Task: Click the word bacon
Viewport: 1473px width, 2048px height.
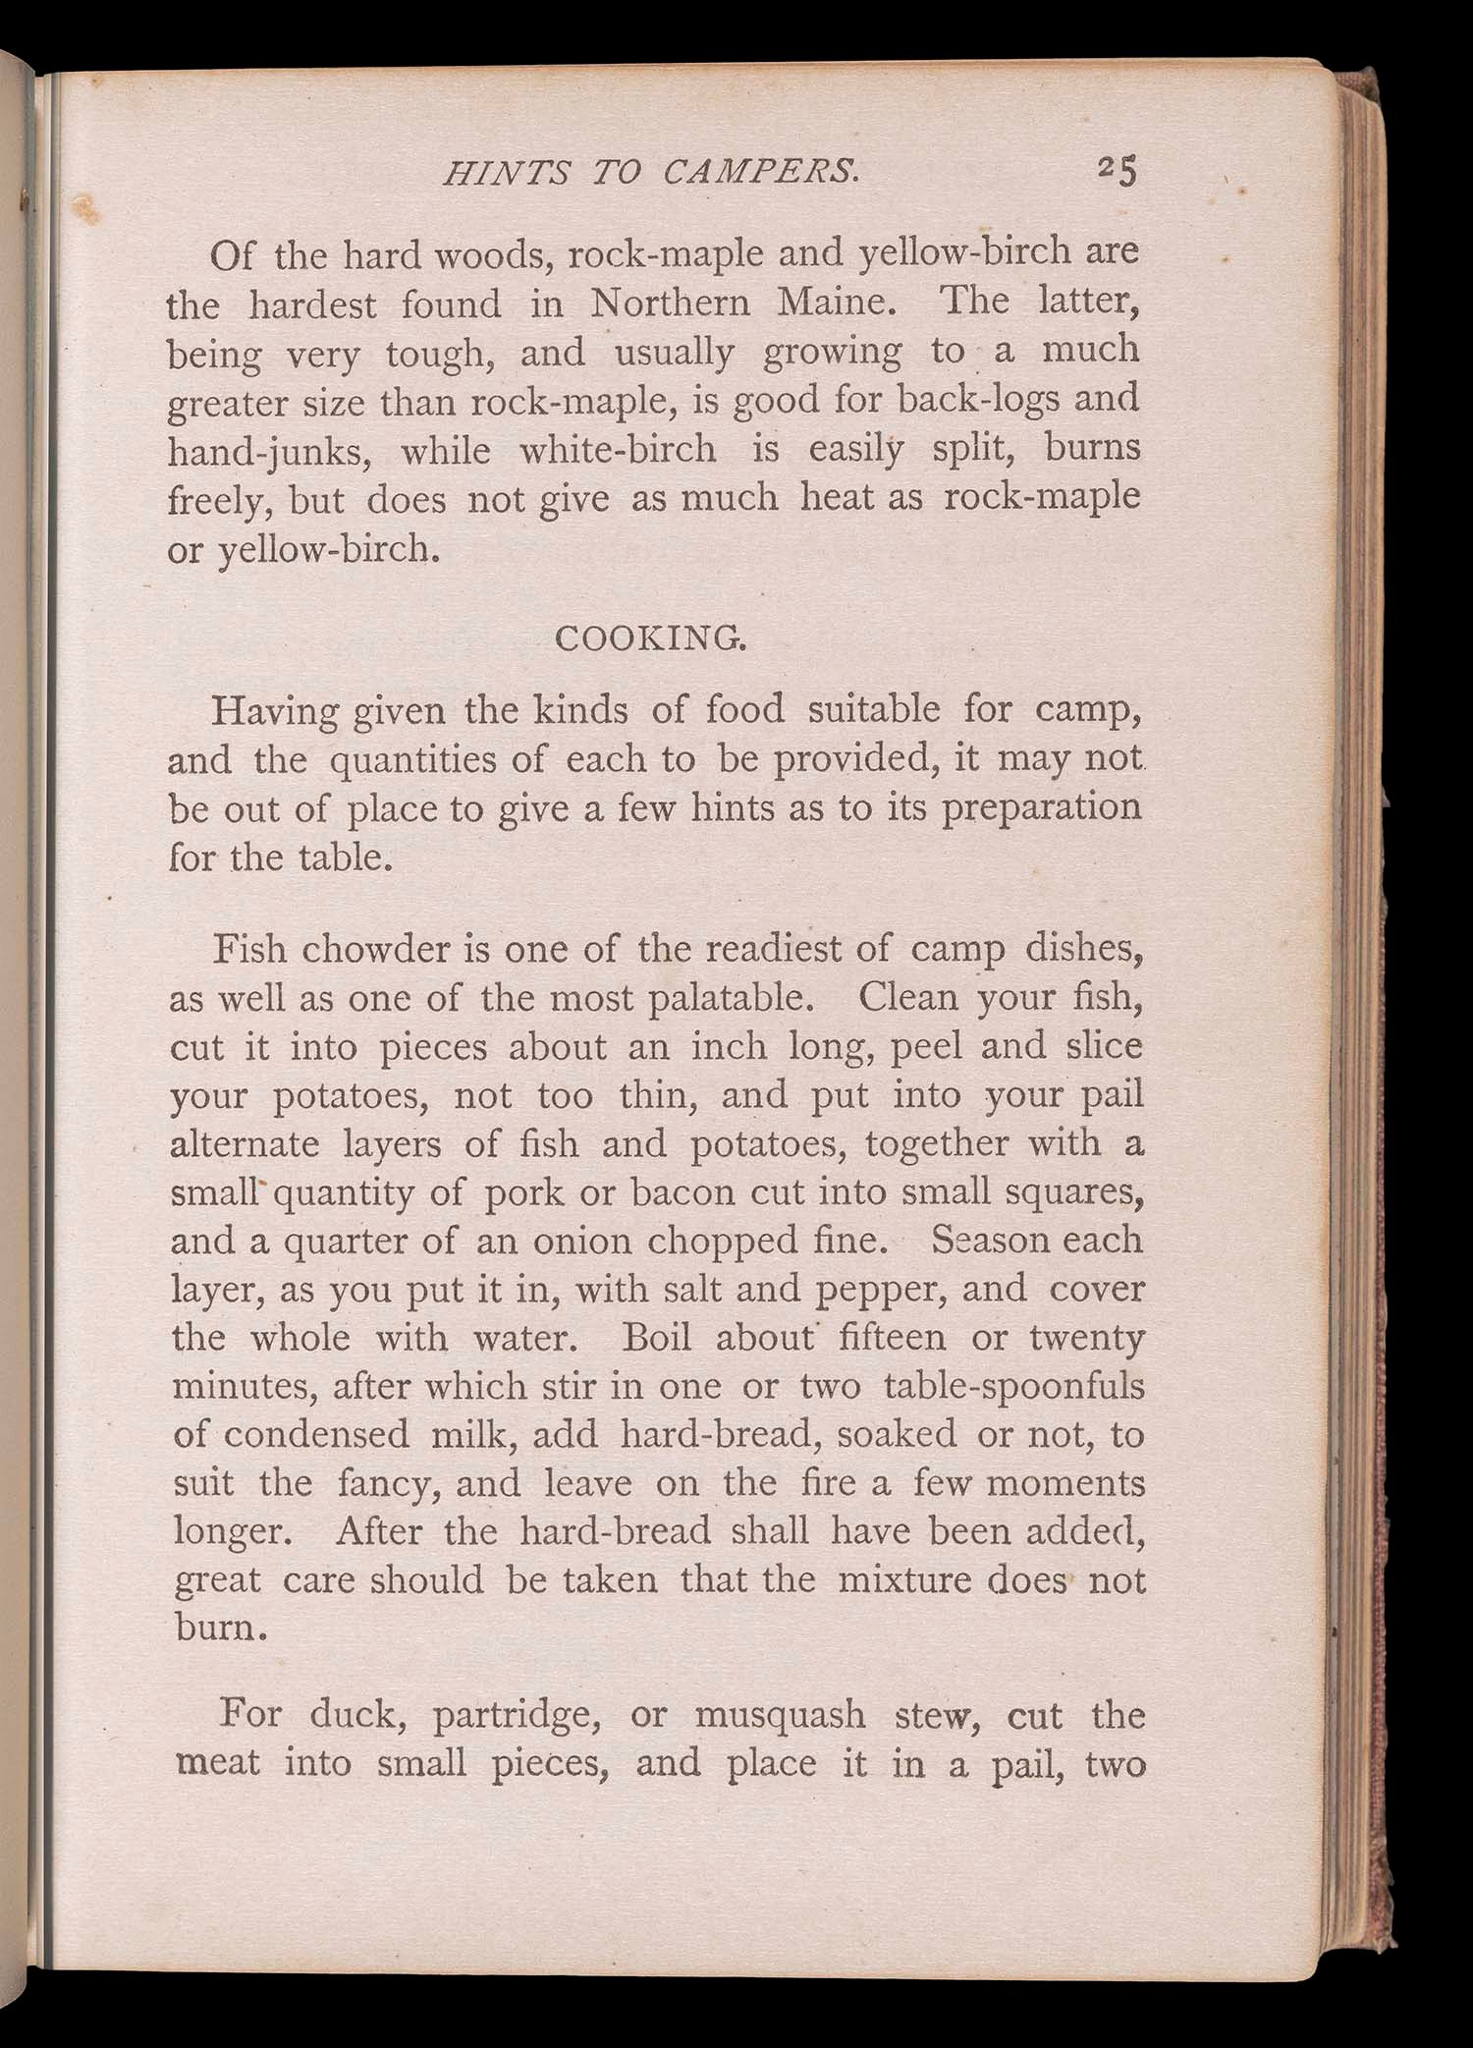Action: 684,1192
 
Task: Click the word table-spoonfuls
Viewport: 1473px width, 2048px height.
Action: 1014,1387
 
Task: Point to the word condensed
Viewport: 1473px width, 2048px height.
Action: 316,1435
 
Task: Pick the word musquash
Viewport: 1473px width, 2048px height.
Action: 781,1716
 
